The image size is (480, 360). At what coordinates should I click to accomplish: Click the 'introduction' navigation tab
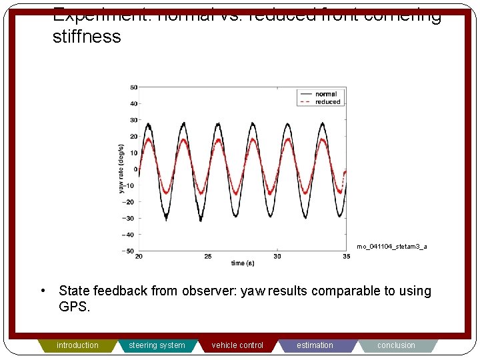(x=77, y=345)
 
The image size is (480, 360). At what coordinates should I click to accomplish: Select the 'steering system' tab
(x=157, y=345)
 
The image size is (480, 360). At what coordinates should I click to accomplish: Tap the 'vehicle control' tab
(x=237, y=345)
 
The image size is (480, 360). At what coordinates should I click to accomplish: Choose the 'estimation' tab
(x=315, y=345)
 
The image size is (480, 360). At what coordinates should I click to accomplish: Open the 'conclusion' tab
(x=396, y=345)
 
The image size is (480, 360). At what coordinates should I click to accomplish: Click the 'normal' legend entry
(x=326, y=94)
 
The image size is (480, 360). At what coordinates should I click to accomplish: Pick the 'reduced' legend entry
(x=327, y=102)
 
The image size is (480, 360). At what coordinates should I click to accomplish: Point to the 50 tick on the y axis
(x=133, y=87)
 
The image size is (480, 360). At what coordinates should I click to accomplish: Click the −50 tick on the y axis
(x=131, y=251)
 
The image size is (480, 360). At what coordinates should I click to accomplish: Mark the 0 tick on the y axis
(x=135, y=169)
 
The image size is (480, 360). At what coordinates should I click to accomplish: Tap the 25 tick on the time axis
(x=208, y=257)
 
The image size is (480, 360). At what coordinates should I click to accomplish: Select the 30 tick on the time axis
(x=277, y=257)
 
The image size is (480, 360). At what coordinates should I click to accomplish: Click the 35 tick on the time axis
(x=345, y=257)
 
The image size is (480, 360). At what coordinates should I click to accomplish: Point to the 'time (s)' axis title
(x=243, y=263)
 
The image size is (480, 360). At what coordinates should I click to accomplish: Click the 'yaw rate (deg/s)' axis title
(x=122, y=169)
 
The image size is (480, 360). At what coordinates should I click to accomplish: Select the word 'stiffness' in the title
(x=87, y=36)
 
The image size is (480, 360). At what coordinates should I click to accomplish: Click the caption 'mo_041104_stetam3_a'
(x=392, y=247)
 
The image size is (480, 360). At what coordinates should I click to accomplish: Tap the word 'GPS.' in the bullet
(x=74, y=307)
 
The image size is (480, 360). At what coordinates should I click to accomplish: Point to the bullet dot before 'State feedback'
(x=42, y=291)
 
